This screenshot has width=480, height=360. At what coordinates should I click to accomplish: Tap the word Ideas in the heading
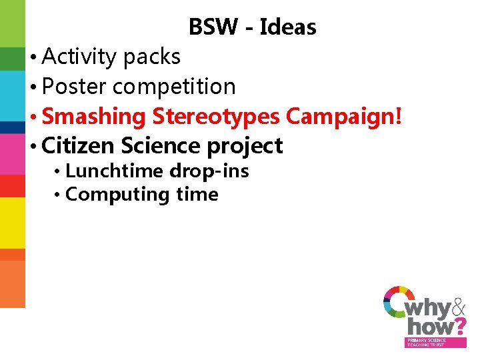tap(287, 27)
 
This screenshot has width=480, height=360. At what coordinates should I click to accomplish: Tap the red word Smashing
tap(93, 117)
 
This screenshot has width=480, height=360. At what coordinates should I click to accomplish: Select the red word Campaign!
tap(344, 116)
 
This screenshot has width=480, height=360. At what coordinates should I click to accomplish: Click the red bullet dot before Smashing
tap(33, 117)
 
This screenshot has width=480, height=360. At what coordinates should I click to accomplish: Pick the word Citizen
tap(78, 145)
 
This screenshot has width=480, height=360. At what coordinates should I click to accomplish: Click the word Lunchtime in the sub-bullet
tap(115, 171)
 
